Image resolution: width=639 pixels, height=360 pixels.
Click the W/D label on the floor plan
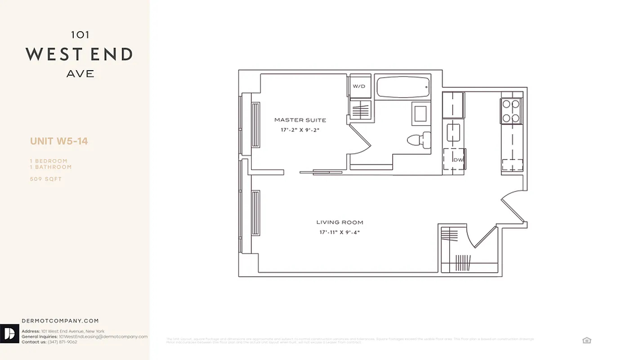[x=359, y=86]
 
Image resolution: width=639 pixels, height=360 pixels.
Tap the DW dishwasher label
[x=458, y=160]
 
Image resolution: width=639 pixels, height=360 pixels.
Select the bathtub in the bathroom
[x=402, y=87]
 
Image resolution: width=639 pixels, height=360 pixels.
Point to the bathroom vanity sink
[x=421, y=113]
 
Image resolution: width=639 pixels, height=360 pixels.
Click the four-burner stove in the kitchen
[x=511, y=111]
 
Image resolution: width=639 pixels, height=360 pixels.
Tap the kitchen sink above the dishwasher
[x=452, y=132]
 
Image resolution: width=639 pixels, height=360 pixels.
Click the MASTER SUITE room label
[x=300, y=120]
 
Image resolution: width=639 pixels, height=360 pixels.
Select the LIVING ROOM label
[x=340, y=222]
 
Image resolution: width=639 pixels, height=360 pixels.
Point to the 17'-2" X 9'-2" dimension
[x=300, y=130]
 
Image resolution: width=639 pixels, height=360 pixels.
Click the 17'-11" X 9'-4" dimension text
[x=340, y=232]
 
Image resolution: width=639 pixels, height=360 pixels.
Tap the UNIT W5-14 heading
[x=59, y=141]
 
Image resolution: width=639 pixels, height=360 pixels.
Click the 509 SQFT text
[x=46, y=179]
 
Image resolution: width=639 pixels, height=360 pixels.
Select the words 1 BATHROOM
[x=51, y=167]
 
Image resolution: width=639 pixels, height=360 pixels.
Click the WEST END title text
[x=80, y=55]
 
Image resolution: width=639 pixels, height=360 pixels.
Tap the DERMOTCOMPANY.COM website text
[x=60, y=321]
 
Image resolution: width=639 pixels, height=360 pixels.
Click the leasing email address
[x=103, y=337]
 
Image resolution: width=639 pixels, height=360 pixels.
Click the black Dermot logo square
[x=9, y=333]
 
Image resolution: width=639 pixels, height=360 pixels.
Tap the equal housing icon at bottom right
[x=586, y=340]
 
